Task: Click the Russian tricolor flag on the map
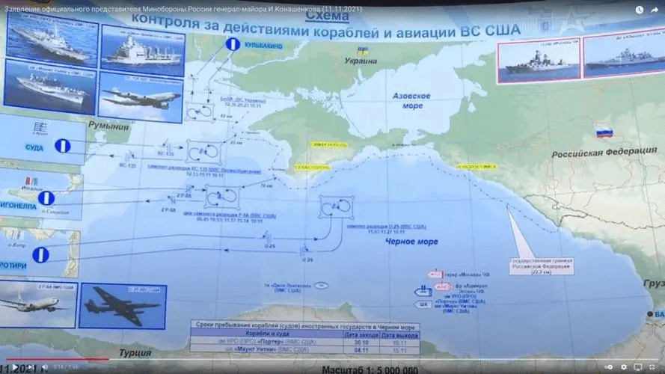tap(603, 133)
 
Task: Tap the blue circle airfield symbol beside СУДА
tap(62, 146)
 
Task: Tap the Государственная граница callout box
tap(541, 265)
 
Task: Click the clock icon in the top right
tap(638, 10)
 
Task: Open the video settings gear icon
tap(623, 367)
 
